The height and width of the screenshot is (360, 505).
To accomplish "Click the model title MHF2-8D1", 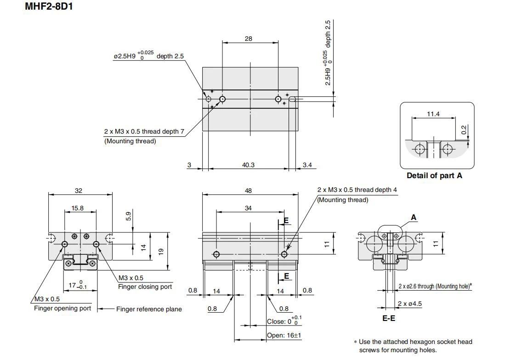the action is (49, 6).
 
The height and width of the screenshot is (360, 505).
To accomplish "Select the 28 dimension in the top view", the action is (248, 39).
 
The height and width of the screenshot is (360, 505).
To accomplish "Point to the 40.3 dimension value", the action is (248, 165).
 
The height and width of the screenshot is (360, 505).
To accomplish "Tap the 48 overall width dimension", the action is (248, 191).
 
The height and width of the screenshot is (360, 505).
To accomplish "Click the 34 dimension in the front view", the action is (248, 208).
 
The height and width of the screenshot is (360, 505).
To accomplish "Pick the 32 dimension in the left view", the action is (79, 191).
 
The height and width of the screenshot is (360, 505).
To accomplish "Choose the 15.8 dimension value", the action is (77, 208).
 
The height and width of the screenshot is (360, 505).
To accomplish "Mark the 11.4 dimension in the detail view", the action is (433, 114).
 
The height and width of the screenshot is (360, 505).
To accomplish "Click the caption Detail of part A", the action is (435, 176).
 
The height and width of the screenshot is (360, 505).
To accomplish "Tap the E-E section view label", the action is (389, 319).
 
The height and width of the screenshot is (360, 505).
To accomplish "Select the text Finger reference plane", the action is (149, 309).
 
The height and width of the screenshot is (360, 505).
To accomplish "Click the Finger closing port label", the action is (145, 287).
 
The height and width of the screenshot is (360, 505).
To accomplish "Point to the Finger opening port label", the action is (62, 308).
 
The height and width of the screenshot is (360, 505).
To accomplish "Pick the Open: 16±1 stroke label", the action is (284, 335).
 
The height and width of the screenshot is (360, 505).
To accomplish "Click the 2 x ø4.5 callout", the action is (409, 304).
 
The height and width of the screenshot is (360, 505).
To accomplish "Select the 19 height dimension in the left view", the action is (161, 251).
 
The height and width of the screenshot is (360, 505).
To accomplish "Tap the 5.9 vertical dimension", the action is (129, 216).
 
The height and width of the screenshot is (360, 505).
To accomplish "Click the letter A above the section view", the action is (414, 218).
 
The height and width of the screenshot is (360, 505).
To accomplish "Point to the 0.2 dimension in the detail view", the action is (464, 129).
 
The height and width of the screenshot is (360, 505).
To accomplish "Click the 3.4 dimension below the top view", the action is (307, 165).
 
